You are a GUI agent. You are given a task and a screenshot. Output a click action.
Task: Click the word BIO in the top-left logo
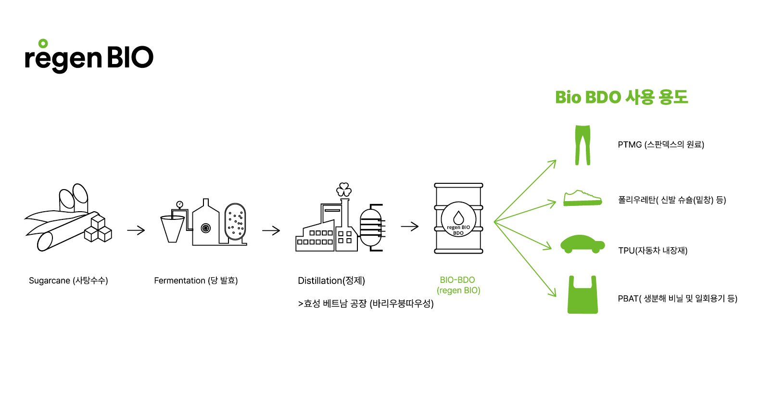pos(130,58)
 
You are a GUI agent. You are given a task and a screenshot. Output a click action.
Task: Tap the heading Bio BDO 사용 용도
pos(621,97)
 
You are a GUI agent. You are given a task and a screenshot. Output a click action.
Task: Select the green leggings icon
pos(583,145)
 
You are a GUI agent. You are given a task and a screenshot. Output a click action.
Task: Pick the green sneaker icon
pos(583,198)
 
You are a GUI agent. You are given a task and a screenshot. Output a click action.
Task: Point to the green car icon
pos(583,244)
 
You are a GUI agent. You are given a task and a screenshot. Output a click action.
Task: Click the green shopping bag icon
pos(583,296)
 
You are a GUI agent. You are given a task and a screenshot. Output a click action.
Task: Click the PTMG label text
pos(661,145)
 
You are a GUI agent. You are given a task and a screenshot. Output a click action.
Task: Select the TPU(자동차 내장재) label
pos(653,251)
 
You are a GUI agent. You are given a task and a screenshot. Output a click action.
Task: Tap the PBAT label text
pos(677,299)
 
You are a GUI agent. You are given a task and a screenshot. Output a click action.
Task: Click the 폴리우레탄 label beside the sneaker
pos(671,200)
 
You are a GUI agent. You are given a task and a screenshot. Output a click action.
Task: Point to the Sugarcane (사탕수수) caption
pos(68,280)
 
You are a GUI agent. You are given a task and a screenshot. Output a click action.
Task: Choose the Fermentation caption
pos(196,280)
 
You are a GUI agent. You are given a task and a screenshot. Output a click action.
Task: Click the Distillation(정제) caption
pos(331,280)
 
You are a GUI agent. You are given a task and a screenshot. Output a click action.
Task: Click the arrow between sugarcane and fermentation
pos(136,230)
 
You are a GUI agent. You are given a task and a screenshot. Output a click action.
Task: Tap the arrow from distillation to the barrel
pos(410,226)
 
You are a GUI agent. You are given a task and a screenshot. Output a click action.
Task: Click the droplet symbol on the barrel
pos(458,218)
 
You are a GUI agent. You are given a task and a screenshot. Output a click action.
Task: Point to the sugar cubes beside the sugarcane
pos(98,229)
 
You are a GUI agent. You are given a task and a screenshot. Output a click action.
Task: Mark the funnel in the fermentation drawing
pos(172,229)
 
